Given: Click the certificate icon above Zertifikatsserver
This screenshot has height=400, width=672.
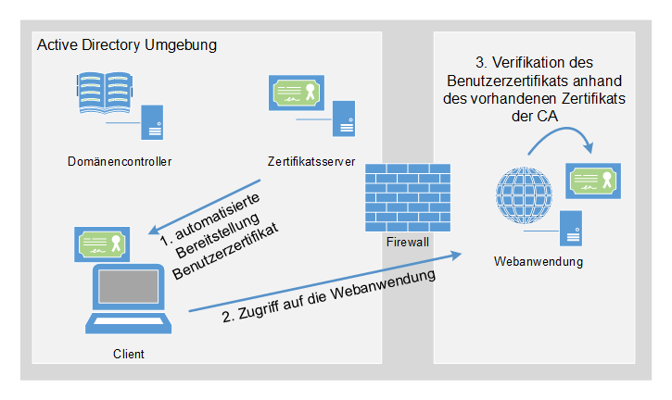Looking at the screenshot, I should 297,93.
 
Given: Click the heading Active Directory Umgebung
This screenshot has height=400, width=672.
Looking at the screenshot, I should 126,45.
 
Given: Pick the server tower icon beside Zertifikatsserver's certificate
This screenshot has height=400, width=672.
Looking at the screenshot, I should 344,115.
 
